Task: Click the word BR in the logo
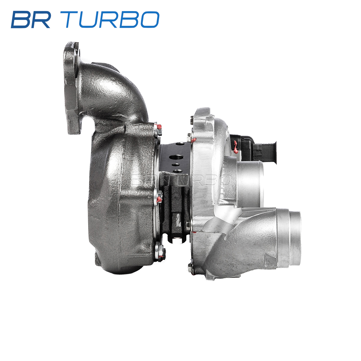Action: coord(31,20)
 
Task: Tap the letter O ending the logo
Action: coord(150,20)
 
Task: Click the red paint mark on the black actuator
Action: coord(236,147)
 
